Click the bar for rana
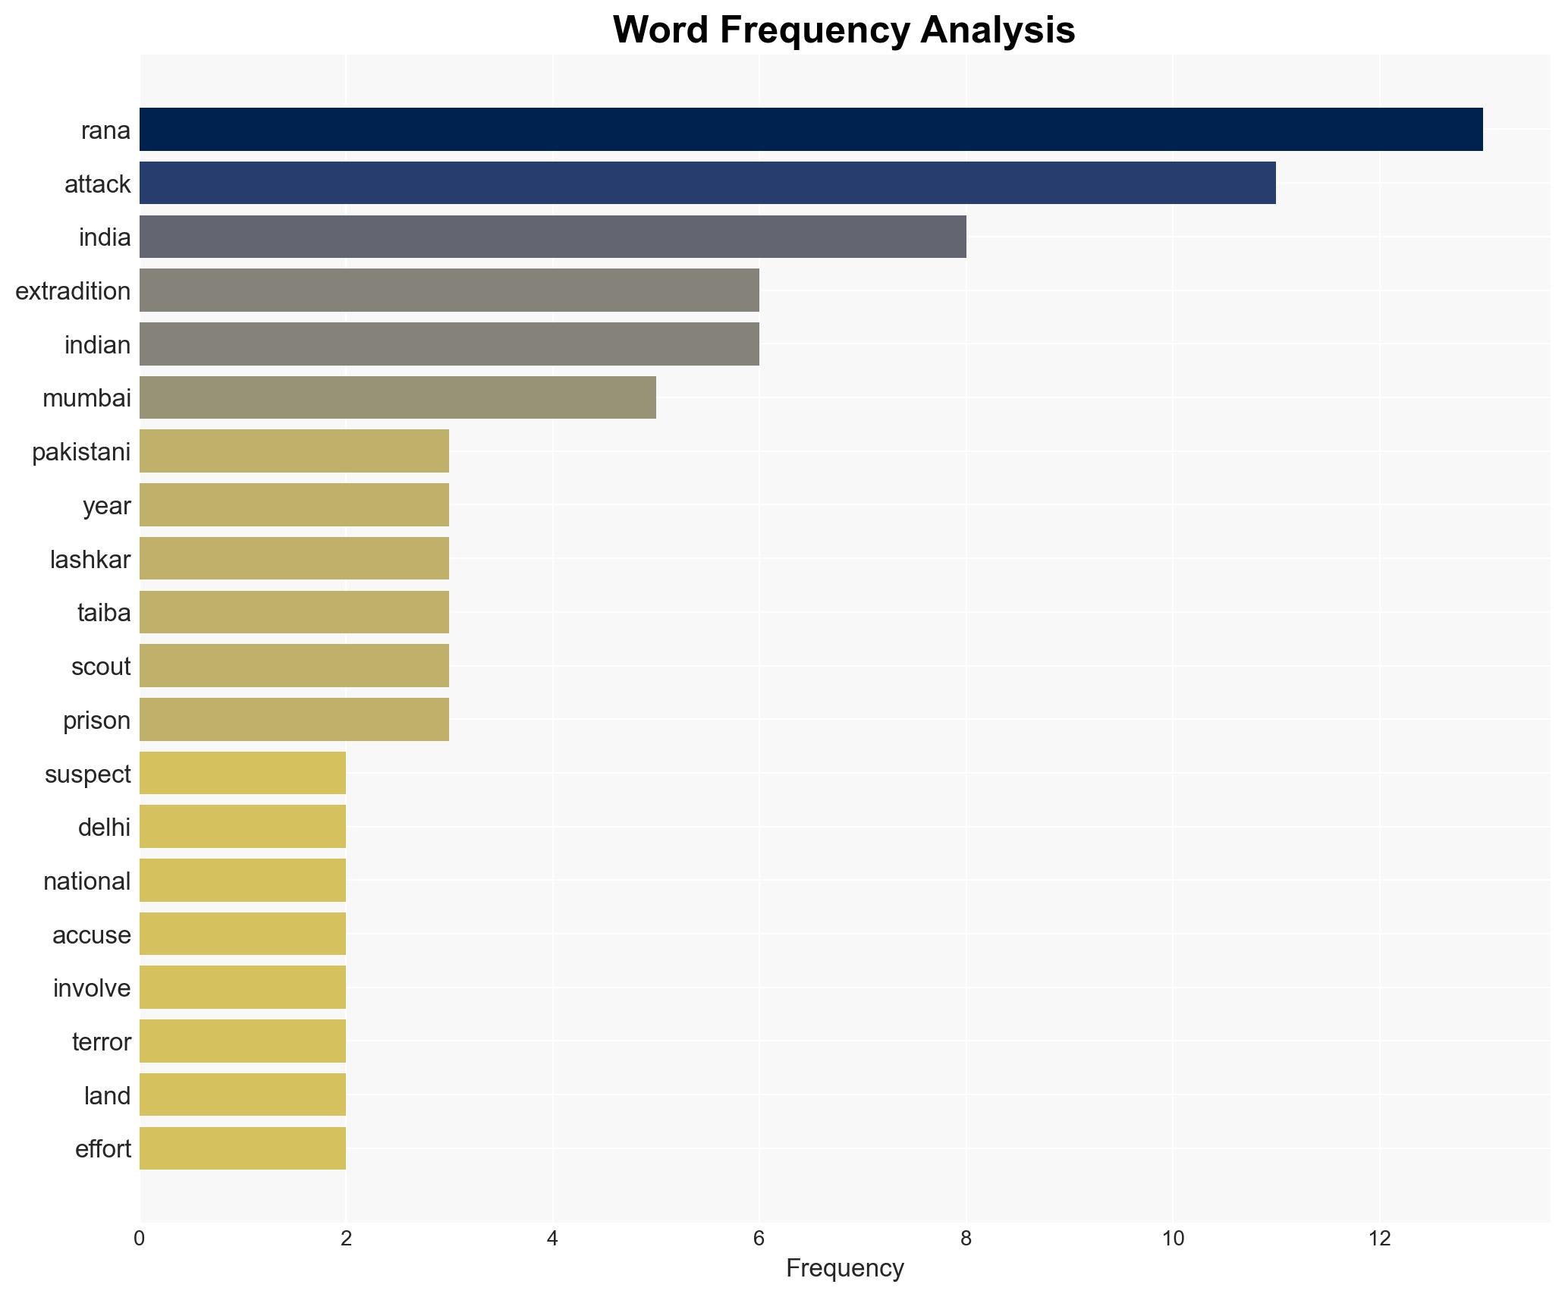[x=810, y=130]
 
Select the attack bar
[x=707, y=184]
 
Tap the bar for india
[x=552, y=237]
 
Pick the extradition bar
[x=449, y=290]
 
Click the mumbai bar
[x=398, y=397]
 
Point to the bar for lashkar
[x=294, y=558]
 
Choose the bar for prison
[x=294, y=719]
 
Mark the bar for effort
[x=243, y=1148]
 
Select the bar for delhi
[x=243, y=827]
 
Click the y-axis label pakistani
[x=81, y=452]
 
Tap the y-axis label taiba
[x=104, y=613]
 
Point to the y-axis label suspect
[x=87, y=774]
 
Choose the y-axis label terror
[x=101, y=1042]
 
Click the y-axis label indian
[x=97, y=345]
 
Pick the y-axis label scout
[x=101, y=667]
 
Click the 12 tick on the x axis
[x=1379, y=1239]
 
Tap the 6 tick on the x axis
[x=759, y=1239]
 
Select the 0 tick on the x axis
[x=140, y=1239]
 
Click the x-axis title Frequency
[x=844, y=1269]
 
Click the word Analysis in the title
[x=998, y=31]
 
